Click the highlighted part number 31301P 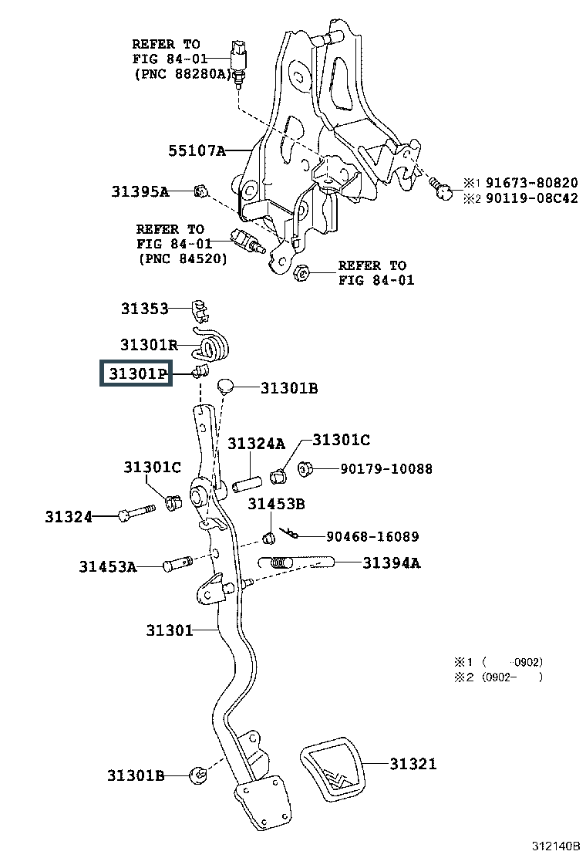pyautogui.click(x=137, y=373)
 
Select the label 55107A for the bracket pyautogui.click(x=197, y=150)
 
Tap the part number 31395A pyautogui.click(x=140, y=191)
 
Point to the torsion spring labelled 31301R pyautogui.click(x=213, y=345)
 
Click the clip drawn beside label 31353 pyautogui.click(x=200, y=309)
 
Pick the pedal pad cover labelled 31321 pyautogui.click(x=332, y=768)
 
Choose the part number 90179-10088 pyautogui.click(x=386, y=469)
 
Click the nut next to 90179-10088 pyautogui.click(x=305, y=468)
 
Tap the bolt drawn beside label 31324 pyautogui.click(x=136, y=512)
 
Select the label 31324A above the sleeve pyautogui.click(x=256, y=444)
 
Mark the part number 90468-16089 pyautogui.click(x=373, y=536)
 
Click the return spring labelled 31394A pyautogui.click(x=296, y=562)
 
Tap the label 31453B pyautogui.click(x=276, y=503)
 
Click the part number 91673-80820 pyautogui.click(x=532, y=183)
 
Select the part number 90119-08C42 pyautogui.click(x=532, y=198)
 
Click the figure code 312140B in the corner pyautogui.click(x=556, y=846)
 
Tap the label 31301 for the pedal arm pyautogui.click(x=170, y=630)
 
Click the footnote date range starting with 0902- pyautogui.click(x=513, y=677)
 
